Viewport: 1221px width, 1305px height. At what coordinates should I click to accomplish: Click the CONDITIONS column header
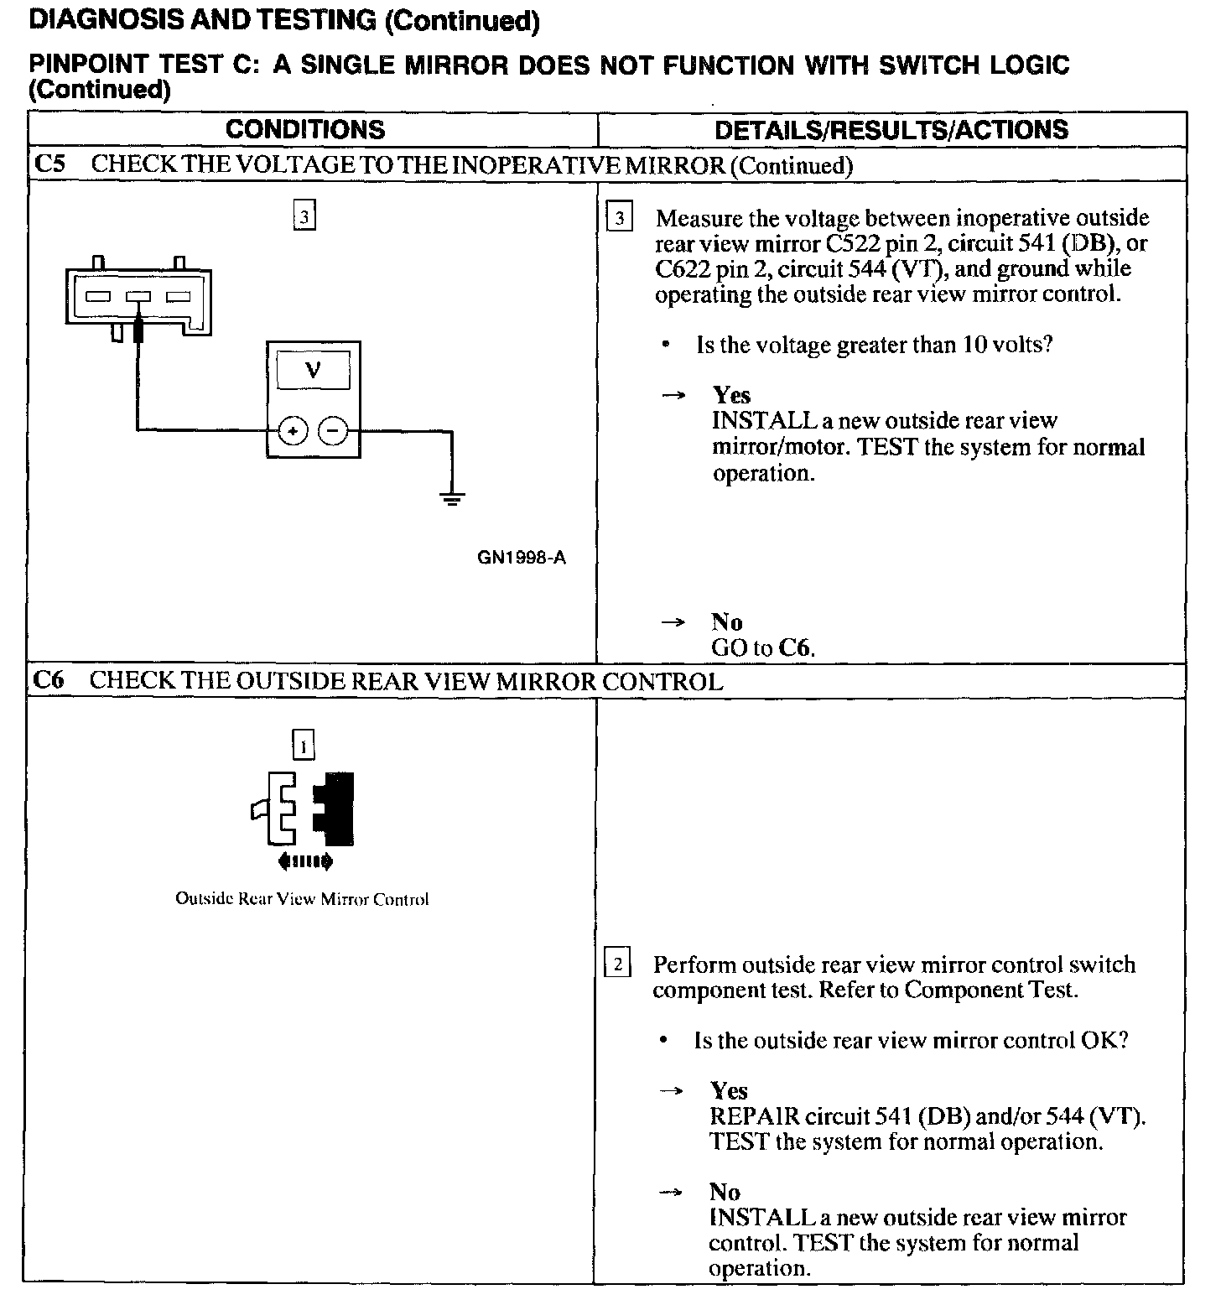tap(305, 130)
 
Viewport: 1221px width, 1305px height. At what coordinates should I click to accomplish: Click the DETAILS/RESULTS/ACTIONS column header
tap(891, 130)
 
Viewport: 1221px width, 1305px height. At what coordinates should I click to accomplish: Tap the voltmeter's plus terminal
tap(293, 431)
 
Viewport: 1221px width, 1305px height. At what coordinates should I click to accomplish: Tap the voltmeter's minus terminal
tap(333, 431)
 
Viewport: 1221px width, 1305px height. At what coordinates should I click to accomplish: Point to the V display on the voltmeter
tap(313, 370)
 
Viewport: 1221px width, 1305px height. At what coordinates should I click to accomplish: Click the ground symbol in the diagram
tap(452, 500)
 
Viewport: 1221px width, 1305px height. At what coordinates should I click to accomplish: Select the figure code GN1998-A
tap(522, 558)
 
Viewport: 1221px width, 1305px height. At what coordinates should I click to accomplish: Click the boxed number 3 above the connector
tap(304, 218)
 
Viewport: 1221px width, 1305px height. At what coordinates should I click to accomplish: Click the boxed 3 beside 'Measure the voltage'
tap(619, 219)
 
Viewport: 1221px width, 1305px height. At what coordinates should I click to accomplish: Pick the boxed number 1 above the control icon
tap(303, 745)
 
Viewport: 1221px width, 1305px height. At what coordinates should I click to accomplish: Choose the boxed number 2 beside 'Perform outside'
tap(617, 964)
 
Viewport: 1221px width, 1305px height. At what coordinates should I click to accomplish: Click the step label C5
tap(49, 164)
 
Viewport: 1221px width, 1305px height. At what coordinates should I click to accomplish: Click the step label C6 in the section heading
tap(49, 680)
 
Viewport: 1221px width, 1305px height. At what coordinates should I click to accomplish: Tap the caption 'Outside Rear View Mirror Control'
tap(302, 899)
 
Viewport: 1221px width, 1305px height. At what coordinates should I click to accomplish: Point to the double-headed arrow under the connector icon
tap(304, 860)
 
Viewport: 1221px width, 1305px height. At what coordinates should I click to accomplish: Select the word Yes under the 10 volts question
tap(731, 395)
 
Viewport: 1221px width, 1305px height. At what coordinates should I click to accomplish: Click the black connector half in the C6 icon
tap(335, 808)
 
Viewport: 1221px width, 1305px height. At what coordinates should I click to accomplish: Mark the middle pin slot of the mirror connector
tap(138, 297)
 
